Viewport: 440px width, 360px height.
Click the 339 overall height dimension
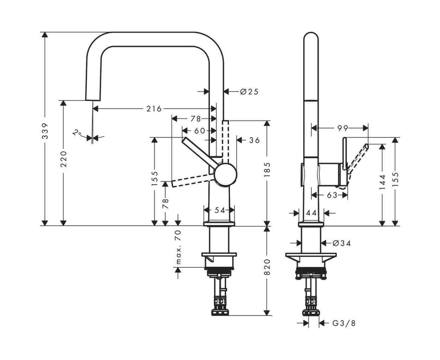(x=45, y=131)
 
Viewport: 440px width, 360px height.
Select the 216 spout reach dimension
(x=154, y=109)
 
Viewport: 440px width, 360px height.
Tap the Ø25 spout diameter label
(x=249, y=92)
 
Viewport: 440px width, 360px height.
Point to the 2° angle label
(x=77, y=133)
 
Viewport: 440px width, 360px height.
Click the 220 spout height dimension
(x=63, y=159)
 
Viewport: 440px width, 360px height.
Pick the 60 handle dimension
(x=200, y=131)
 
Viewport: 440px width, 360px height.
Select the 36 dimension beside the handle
(x=254, y=140)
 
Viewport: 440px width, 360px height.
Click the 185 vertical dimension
(x=267, y=170)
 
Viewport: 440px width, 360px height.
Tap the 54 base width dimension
(x=220, y=210)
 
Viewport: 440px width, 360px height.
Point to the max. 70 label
(x=179, y=247)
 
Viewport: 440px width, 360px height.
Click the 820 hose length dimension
(x=267, y=267)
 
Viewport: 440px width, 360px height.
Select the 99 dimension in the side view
(x=343, y=128)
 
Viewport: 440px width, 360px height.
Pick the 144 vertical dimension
(x=382, y=182)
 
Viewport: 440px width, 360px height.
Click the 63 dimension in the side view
(x=332, y=195)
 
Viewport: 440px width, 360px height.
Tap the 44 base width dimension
(x=311, y=213)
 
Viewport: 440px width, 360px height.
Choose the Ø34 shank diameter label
(x=342, y=243)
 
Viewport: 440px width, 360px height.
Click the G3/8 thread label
(x=344, y=323)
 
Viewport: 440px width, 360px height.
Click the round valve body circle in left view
(x=226, y=175)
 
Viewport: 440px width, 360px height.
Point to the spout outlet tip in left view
(x=93, y=100)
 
